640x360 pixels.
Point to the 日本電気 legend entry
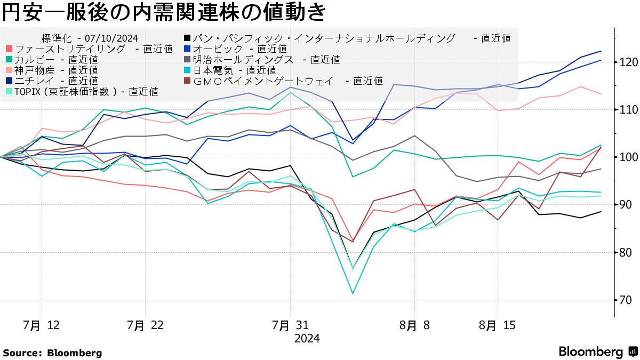229,70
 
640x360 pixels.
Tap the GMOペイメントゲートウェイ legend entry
283,81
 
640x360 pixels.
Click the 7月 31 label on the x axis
290,325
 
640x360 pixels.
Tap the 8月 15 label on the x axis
497,325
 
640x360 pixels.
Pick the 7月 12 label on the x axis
41,325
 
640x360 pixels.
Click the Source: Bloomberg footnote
52,353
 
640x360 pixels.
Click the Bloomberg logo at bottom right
597,352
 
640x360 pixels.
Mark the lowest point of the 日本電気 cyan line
353,293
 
